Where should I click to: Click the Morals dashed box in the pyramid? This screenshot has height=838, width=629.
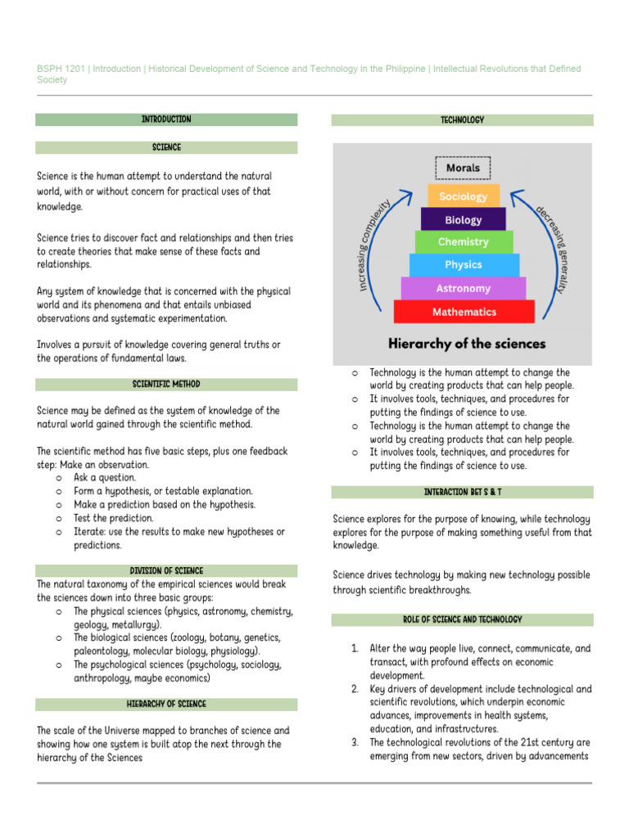pyautogui.click(x=463, y=169)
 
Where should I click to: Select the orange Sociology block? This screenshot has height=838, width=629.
pyautogui.click(x=463, y=196)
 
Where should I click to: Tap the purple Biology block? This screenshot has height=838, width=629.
pyautogui.click(x=463, y=219)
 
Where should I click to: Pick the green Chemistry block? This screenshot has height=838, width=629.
pyautogui.click(x=463, y=242)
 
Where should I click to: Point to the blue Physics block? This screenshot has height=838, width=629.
pyautogui.click(x=463, y=265)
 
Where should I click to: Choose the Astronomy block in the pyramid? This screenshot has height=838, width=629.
pyautogui.click(x=463, y=288)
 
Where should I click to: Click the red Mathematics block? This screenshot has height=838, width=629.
pyautogui.click(x=464, y=312)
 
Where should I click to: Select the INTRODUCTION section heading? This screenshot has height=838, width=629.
pyautogui.click(x=166, y=119)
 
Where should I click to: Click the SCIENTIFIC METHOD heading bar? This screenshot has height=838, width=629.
pyautogui.click(x=166, y=384)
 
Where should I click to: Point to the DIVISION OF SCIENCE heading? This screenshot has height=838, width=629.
pyautogui.click(x=166, y=570)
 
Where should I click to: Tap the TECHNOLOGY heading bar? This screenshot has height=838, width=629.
pyautogui.click(x=462, y=120)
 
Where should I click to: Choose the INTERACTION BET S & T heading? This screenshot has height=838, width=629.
pyautogui.click(x=462, y=492)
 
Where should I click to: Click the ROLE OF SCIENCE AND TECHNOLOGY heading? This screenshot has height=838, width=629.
pyautogui.click(x=462, y=619)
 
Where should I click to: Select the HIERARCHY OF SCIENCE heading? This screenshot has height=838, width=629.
pyautogui.click(x=166, y=704)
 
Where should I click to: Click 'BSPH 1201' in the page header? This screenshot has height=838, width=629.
pyautogui.click(x=61, y=69)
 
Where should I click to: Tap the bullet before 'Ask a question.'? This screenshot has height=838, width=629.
pyautogui.click(x=60, y=478)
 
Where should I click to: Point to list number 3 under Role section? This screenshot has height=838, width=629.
pyautogui.click(x=355, y=742)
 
